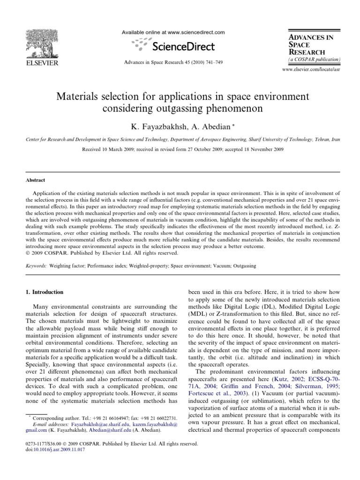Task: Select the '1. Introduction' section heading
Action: pos(44,292)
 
